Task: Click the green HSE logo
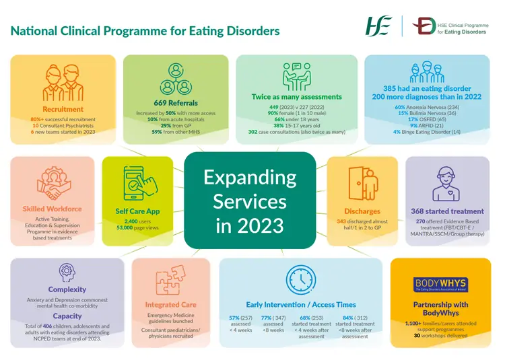click(378, 26)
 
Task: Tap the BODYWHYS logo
click(440, 285)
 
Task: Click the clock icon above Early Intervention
click(301, 280)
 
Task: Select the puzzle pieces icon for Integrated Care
click(170, 280)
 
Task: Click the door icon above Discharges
click(363, 184)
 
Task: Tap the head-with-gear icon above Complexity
click(67, 273)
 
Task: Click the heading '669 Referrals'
click(176, 103)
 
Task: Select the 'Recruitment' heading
click(63, 109)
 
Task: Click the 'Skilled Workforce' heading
click(52, 209)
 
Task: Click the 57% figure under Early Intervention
click(234, 318)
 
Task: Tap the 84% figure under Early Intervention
click(348, 318)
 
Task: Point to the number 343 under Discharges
click(341, 221)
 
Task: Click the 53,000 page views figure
click(125, 227)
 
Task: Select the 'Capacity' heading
click(67, 316)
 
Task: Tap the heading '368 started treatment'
click(447, 211)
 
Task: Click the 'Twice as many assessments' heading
click(297, 97)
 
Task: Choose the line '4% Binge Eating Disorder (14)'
click(427, 132)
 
